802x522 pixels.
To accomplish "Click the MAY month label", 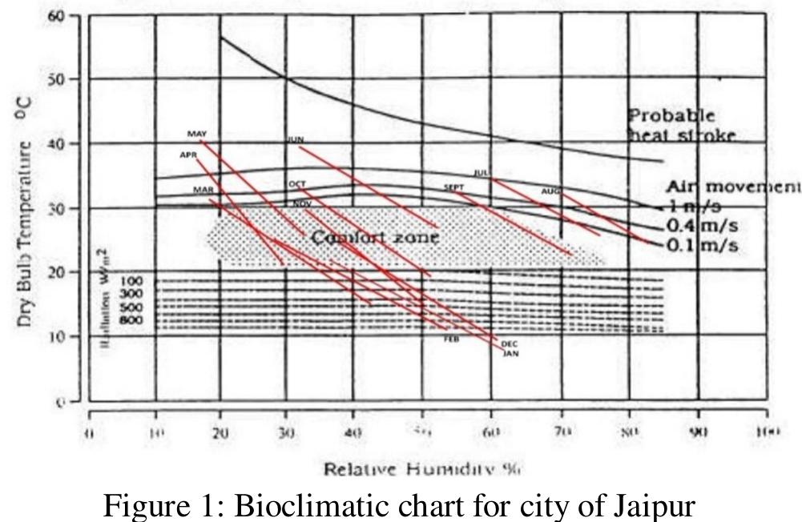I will (197, 133).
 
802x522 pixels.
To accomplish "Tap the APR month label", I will (188, 155).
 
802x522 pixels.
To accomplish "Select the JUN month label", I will (296, 140).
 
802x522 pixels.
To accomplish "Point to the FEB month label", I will (452, 339).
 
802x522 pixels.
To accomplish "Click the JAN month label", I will (510, 353).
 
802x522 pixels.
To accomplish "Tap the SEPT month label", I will (454, 187).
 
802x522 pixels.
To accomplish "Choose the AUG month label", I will (550, 191).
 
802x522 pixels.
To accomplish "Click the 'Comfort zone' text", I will (374, 238).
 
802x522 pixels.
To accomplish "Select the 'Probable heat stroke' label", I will (680, 126).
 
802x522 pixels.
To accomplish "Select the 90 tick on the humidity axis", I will (699, 435).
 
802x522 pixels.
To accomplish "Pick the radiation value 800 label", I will (131, 321).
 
